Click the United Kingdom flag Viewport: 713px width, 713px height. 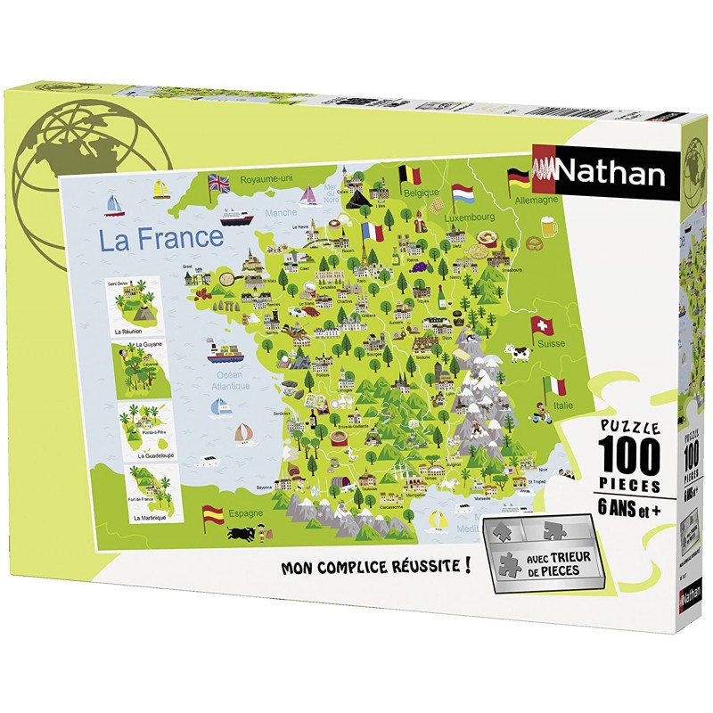point(218,183)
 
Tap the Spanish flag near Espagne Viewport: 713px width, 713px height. point(213,513)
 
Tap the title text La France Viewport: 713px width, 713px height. point(160,238)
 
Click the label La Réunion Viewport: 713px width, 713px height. point(129,330)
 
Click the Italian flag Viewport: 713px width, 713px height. point(556,387)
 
